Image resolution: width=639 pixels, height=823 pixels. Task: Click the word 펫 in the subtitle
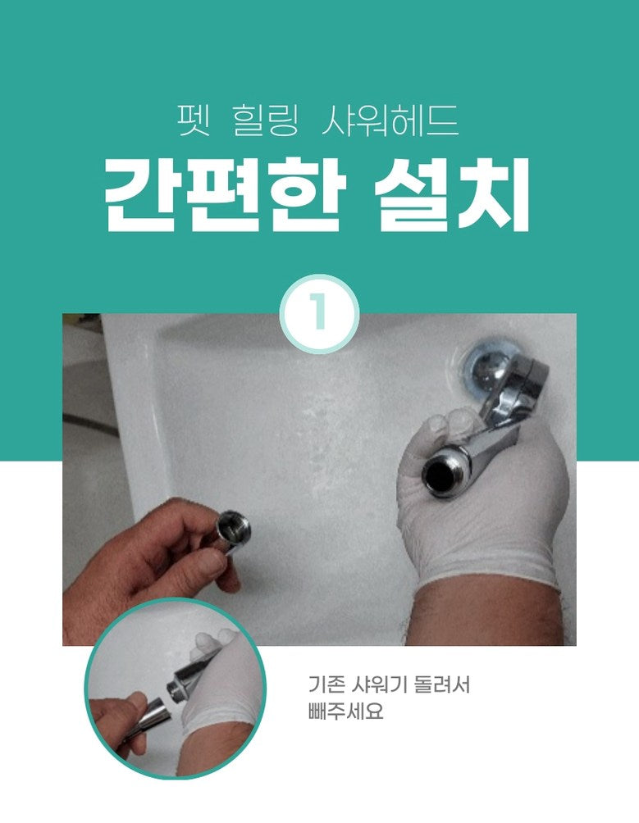[194, 120]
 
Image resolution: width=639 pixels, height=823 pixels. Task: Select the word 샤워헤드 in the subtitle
[390, 120]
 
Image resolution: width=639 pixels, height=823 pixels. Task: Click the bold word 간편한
[225, 195]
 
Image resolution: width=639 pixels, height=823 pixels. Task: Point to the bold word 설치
[451, 195]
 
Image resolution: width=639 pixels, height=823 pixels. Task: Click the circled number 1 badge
[319, 313]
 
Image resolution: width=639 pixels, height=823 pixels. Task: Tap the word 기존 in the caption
[325, 684]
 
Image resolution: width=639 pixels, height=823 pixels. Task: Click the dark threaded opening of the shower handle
[439, 475]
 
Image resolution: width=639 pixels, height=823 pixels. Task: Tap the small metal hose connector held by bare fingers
[233, 532]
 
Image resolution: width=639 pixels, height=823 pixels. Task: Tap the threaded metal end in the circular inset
[176, 689]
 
